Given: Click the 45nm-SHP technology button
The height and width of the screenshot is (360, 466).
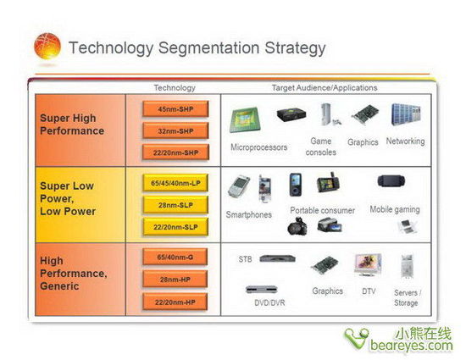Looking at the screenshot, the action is coord(175,109).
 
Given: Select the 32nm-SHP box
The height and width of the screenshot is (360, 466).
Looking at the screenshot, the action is coord(175,131).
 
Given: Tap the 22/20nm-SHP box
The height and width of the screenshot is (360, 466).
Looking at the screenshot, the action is coord(175,152).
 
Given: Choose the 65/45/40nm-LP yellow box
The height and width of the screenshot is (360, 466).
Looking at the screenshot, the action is coord(175,183).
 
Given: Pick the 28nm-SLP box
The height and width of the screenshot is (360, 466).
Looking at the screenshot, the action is coord(175,205).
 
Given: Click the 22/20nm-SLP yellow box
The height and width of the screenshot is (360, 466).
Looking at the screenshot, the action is coord(175,227).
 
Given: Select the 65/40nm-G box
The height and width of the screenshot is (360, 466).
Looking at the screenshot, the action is coord(175,257).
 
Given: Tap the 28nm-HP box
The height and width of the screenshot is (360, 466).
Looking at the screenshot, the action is coord(175,280).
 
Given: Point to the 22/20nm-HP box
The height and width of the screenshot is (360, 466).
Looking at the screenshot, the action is coord(175,302).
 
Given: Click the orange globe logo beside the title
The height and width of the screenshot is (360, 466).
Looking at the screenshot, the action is coord(47,47).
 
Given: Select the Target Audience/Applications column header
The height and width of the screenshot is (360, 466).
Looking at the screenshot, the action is coord(325,88).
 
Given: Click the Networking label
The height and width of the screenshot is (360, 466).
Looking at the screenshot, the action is coord(405,141).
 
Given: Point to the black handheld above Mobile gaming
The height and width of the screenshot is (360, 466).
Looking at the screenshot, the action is coord(391,181).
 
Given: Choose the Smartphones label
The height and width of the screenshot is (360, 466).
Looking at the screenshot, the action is coord(249,214).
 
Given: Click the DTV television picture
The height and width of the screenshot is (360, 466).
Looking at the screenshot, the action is coord(368,264).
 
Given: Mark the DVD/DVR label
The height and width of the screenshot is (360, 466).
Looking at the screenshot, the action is coord(269,302).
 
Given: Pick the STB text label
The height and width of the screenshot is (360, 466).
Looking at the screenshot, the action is coord(245,259).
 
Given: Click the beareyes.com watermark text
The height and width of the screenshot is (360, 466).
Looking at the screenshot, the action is coord(411,345).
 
